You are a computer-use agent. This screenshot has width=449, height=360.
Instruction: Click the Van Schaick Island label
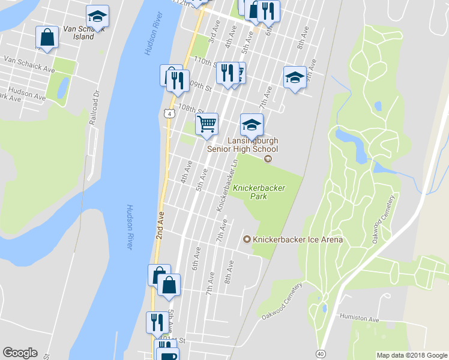point(79,32)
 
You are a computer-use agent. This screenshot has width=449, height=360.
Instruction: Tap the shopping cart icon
point(206,124)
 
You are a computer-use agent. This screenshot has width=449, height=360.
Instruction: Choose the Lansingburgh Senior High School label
point(242,144)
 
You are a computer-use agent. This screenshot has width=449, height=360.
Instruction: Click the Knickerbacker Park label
point(259,192)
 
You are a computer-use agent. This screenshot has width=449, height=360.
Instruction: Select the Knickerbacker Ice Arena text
point(298,240)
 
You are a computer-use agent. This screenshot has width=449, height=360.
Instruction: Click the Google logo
point(20,353)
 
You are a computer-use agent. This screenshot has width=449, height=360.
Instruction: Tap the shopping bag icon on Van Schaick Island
point(46,37)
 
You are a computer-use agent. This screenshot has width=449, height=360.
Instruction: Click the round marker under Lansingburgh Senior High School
point(268,158)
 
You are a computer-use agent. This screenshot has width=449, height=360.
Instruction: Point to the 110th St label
point(204,62)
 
